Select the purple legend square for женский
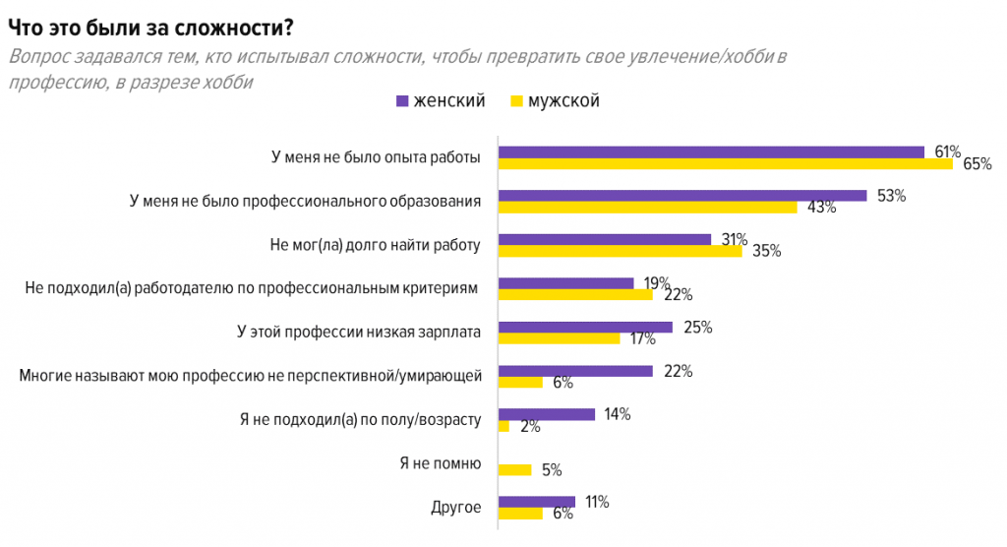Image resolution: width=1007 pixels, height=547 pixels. click(400, 101)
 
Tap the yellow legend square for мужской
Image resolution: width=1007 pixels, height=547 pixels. click(515, 101)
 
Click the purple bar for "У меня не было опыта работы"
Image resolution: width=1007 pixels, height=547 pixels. click(711, 152)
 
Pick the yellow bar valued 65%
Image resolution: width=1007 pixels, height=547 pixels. click(726, 163)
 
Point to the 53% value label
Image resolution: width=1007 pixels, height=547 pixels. click(891, 195)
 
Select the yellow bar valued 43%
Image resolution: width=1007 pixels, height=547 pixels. click(647, 208)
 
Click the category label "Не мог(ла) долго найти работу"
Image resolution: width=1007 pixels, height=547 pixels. click(375, 245)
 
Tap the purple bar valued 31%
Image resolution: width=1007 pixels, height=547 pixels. click(605, 239)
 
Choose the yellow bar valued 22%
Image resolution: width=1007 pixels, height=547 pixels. click(575, 294)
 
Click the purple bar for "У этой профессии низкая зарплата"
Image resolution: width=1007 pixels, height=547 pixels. click(585, 327)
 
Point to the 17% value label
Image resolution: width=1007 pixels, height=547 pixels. click(642, 338)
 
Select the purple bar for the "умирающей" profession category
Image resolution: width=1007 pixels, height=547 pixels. click(575, 371)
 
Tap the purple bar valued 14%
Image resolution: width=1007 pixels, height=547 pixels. click(547, 414)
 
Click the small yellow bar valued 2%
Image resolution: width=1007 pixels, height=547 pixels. click(503, 426)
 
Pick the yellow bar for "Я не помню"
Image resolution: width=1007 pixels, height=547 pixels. click(515, 469)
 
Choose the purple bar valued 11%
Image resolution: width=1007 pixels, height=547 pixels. click(537, 502)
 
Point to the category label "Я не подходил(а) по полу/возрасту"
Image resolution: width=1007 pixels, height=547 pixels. click(360, 420)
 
